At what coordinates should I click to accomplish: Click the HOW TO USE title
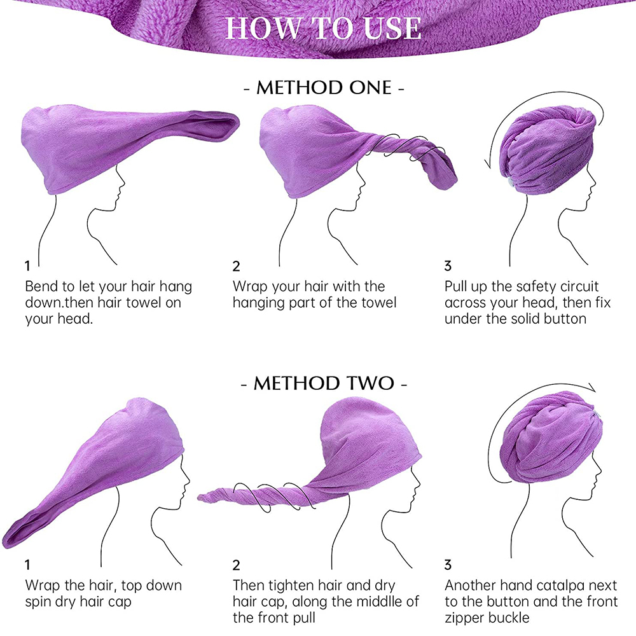pyautogui.click(x=323, y=29)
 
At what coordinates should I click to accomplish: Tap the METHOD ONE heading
pyautogui.click(x=324, y=88)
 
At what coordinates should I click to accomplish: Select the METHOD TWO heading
pyautogui.click(x=324, y=384)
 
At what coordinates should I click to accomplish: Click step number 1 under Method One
pyautogui.click(x=27, y=266)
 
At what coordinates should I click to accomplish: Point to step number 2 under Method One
pyautogui.click(x=236, y=266)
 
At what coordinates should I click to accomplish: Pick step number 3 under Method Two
pyautogui.click(x=448, y=565)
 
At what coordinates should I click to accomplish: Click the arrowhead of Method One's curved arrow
pyautogui.click(x=488, y=164)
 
